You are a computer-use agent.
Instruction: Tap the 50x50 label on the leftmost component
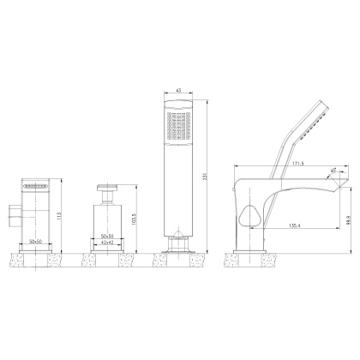[37, 243]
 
